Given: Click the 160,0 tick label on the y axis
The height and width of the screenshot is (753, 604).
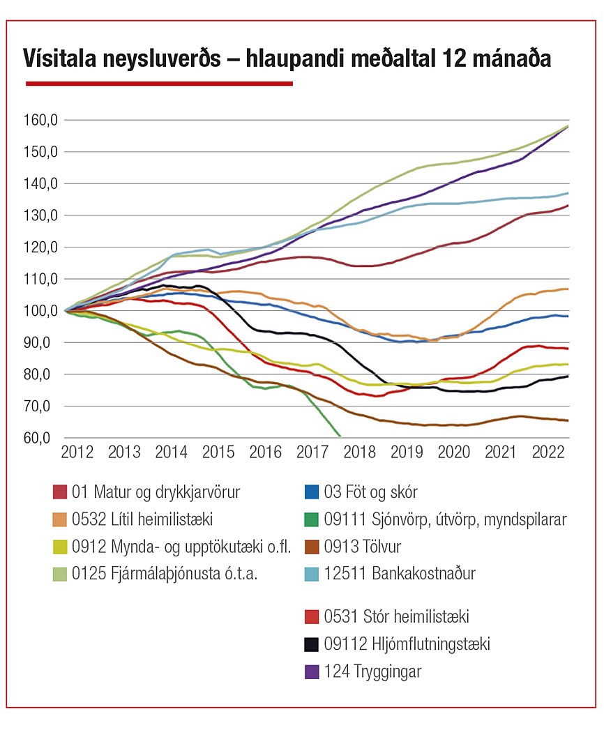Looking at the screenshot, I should [x=38, y=121].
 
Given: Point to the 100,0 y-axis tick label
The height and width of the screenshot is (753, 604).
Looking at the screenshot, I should [x=38, y=311].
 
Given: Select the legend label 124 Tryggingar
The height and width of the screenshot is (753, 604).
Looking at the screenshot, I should [x=372, y=671].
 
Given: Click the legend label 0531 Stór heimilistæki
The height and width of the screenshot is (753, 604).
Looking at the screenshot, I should [x=396, y=617].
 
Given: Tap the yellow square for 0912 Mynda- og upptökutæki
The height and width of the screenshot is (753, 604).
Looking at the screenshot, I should [x=61, y=547].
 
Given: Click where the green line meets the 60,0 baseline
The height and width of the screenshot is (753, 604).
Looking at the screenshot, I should [x=340, y=437].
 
